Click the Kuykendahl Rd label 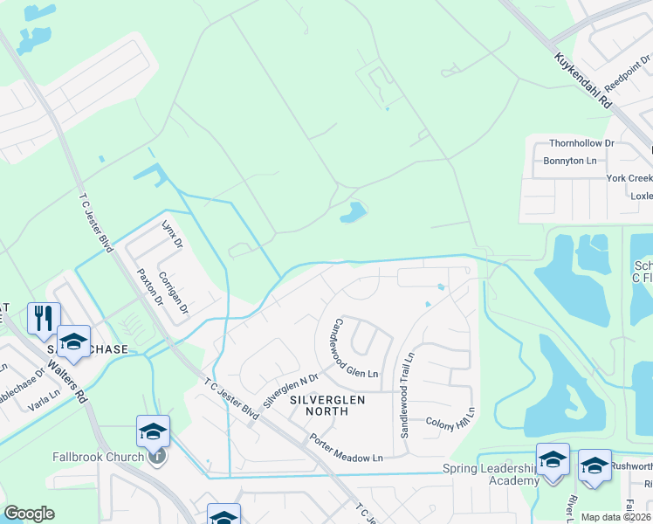[x=582, y=79]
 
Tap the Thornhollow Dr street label [x=581, y=143]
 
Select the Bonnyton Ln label [x=569, y=161]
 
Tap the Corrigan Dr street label [x=174, y=292]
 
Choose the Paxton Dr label [x=148, y=286]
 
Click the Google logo [x=29, y=514]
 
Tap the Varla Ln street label [x=43, y=401]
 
